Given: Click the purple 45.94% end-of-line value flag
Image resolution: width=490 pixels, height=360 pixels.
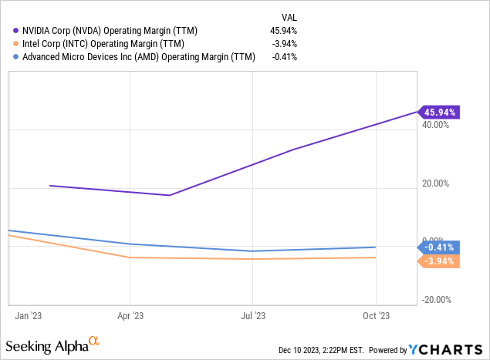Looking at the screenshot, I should [439, 112].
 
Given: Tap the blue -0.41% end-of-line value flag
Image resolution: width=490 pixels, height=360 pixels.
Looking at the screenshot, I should [439, 247].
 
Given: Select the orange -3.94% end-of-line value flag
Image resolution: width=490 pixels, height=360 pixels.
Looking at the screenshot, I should [439, 261].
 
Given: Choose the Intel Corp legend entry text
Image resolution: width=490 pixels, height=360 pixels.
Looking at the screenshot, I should [98, 43].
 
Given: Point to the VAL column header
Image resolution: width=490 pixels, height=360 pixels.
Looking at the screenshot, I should [289, 16].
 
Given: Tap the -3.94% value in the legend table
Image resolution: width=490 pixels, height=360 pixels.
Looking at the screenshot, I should [283, 43].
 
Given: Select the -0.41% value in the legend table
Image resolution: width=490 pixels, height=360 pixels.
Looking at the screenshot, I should [283, 56].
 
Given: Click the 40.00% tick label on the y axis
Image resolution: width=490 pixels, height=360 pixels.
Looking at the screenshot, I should [437, 125].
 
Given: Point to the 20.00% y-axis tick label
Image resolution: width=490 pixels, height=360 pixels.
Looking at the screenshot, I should [437, 183].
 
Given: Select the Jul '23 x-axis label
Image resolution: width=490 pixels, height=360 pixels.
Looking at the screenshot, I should [252, 315].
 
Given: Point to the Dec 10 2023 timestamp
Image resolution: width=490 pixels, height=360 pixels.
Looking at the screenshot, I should [324, 350].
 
